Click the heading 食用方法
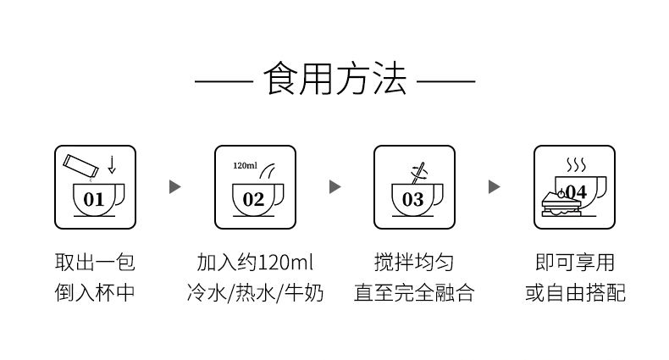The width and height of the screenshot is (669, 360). click(335, 79)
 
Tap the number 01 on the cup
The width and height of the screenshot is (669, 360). click(93, 200)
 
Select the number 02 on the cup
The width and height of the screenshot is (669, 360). click(253, 200)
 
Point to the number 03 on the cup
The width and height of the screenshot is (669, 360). click(413, 200)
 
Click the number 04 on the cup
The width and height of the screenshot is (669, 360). click(577, 192)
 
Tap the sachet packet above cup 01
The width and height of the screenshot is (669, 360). click(80, 166)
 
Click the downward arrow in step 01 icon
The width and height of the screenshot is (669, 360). click(112, 164)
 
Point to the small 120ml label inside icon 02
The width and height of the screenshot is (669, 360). click(245, 165)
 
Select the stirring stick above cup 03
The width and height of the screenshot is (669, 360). click(418, 173)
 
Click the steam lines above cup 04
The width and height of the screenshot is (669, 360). click(576, 164)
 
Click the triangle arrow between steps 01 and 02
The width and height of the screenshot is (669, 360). click(175, 187)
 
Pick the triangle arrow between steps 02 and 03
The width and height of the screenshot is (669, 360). click(335, 187)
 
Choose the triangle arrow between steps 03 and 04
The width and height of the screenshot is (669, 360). click(494, 187)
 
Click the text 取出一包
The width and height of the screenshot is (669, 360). click(95, 262)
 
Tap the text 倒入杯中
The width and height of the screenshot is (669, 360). click(95, 292)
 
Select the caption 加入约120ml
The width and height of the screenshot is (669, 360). click(255, 262)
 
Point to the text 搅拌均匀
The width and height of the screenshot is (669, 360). click(414, 262)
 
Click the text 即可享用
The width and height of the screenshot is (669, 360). click(575, 262)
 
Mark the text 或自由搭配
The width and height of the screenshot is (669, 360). click(575, 292)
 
